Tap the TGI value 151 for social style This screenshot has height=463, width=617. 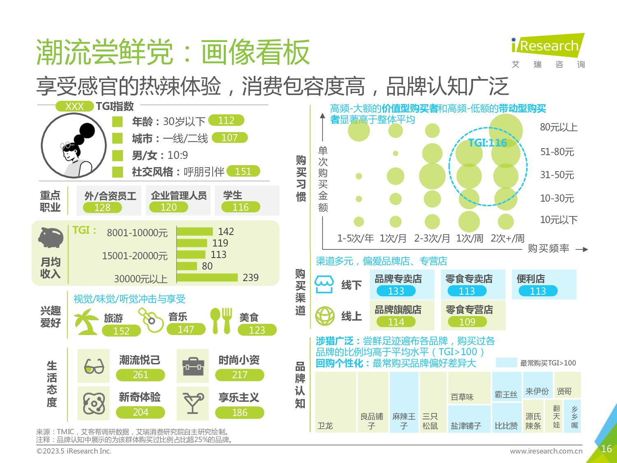click(243, 171)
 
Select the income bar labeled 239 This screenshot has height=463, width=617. click(207, 277)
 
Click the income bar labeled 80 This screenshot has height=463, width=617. click(187, 266)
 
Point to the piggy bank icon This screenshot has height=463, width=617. click(51, 237)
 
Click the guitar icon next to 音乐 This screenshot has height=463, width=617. click(151, 320)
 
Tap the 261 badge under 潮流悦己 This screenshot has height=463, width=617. click(140, 375)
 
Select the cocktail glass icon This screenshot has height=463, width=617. click(193, 403)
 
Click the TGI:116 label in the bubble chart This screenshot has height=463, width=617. click(487, 143)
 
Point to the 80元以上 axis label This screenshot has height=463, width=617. click(559, 128)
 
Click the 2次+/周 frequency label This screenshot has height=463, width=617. click(507, 238)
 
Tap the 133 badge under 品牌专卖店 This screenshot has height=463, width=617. click(396, 291)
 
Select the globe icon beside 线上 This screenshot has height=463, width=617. click(325, 316)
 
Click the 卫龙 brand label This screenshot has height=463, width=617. click(325, 426)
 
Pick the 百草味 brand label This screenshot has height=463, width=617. click(462, 397)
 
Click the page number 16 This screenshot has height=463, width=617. click(606, 449)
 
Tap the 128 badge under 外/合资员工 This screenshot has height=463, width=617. click(102, 207)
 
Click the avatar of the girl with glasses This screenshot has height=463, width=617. click(73, 146)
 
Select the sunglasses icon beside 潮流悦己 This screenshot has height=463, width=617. click(94, 366)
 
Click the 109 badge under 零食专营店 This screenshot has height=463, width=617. click(467, 322)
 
